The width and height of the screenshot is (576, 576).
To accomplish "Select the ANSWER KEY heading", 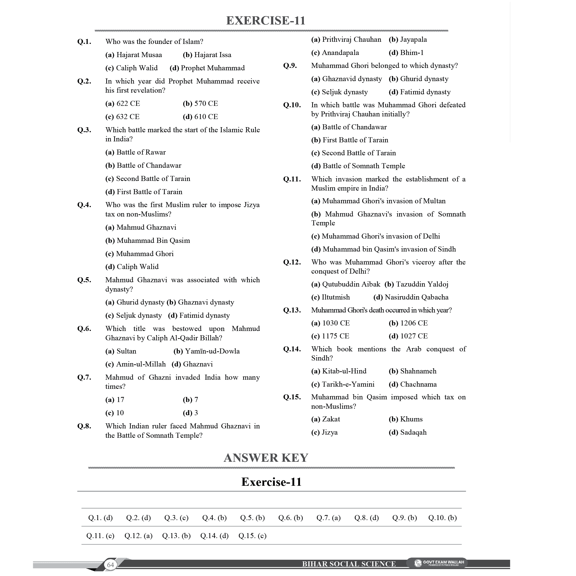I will (266, 458).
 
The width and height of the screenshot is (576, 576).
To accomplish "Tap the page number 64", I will (111, 565).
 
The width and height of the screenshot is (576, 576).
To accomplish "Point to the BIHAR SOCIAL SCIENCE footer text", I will (349, 564).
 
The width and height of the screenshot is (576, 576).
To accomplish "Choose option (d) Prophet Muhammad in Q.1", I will (207, 68).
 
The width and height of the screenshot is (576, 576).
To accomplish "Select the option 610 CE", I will (200, 117).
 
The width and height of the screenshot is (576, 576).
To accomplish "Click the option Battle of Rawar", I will (136, 152).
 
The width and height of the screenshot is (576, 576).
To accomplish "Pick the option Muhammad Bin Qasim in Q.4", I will (148, 240).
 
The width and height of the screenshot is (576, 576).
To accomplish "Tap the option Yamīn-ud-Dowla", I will (207, 351).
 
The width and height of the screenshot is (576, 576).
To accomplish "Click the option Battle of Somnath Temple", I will (358, 166).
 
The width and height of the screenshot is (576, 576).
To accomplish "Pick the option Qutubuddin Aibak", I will (346, 284).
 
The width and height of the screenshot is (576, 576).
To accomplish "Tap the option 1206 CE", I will (408, 323).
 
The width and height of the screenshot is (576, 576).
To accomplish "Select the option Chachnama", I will (413, 384).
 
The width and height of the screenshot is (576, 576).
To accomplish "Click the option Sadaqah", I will (408, 432).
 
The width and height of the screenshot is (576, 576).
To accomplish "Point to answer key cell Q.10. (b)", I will (442, 518).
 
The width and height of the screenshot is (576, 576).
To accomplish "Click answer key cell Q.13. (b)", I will (176, 536).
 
